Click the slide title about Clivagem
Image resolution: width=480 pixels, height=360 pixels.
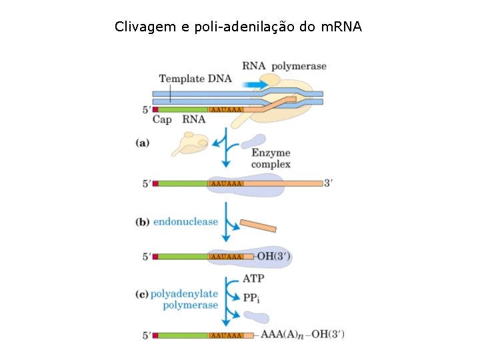point(238,27)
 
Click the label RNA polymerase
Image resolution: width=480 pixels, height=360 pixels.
point(284,65)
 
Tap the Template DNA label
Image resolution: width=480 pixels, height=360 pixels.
point(195,79)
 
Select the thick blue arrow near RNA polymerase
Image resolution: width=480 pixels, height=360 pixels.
point(255,85)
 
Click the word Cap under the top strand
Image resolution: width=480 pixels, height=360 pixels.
point(162,120)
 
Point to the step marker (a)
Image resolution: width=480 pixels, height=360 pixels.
point(142,142)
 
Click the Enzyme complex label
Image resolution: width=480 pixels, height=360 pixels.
point(271,159)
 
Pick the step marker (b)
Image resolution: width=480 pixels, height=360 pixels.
point(142,222)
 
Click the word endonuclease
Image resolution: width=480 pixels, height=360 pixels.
point(186,222)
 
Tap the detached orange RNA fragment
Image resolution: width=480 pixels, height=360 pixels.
point(258,225)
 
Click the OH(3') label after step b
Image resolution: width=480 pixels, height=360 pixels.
point(274,256)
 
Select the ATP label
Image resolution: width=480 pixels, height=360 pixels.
point(254,278)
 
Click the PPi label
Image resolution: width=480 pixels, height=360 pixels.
point(252,297)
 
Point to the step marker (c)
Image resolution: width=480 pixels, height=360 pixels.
point(142,293)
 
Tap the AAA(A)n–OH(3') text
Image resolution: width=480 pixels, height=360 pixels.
point(303,334)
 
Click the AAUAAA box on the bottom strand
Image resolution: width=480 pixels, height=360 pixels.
point(225,335)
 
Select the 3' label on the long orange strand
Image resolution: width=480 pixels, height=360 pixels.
point(328,183)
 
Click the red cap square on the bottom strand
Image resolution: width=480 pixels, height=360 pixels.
point(155,335)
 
